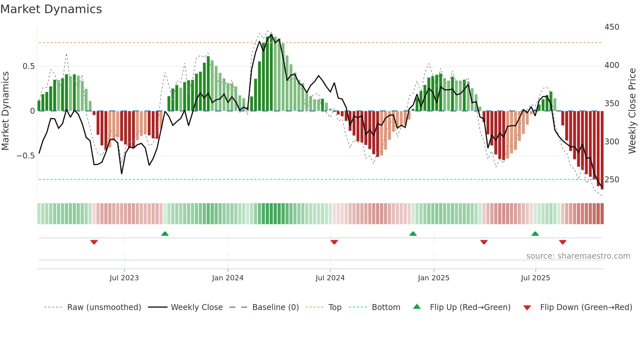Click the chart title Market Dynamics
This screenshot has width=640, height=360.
pyautogui.click(x=51, y=9)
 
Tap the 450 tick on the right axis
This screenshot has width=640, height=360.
pyautogui.click(x=612, y=27)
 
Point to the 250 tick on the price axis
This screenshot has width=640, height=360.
pyautogui.click(x=612, y=180)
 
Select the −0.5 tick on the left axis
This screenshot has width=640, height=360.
pyautogui.click(x=25, y=156)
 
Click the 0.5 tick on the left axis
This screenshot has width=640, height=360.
pyautogui.click(x=28, y=66)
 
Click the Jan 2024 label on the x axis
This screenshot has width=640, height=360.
pyautogui.click(x=228, y=278)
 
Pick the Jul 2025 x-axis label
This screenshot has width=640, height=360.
pyautogui.click(x=535, y=278)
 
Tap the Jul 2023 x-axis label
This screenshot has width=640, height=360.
pyautogui.click(x=124, y=278)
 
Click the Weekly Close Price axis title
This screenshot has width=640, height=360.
pyautogui.click(x=632, y=111)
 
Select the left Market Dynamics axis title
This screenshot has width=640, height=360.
pyautogui.click(x=5, y=111)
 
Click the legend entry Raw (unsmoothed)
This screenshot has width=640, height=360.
pyautogui.click(x=104, y=307)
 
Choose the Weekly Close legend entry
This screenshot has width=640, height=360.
pyautogui.click(x=197, y=307)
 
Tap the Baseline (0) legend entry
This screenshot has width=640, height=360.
pyautogui.click(x=275, y=307)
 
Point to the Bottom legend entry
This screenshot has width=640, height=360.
pyautogui.click(x=386, y=307)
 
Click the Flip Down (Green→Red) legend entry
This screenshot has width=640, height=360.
pyautogui.click(x=586, y=307)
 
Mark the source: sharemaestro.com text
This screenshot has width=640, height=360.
pyautogui.click(x=578, y=256)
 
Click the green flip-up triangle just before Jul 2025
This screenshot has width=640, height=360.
pyautogui.click(x=535, y=234)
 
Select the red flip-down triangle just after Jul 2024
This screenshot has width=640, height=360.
pyautogui.click(x=334, y=242)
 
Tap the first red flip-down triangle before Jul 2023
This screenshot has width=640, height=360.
pyautogui.click(x=94, y=242)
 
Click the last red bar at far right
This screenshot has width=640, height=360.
pyautogui.click(x=602, y=150)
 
